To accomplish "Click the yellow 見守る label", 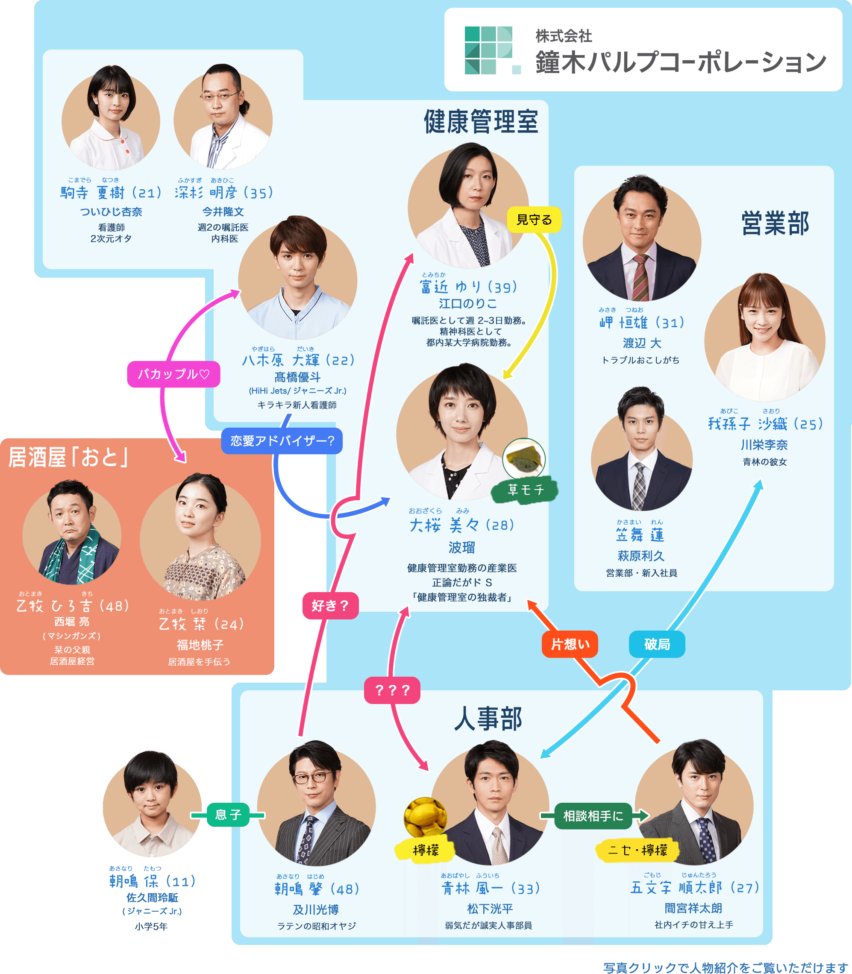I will (534, 220).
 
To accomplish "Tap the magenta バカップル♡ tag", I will (173, 374).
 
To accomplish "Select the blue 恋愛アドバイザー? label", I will (282, 441).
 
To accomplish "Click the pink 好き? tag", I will (330, 606).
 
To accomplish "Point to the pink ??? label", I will (392, 690).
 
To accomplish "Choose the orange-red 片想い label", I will (570, 644).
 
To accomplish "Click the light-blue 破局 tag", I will (657, 644).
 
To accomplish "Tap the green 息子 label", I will (228, 815).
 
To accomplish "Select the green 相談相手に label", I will (593, 816).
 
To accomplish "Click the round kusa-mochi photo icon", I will (523, 459).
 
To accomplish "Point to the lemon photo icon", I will (425, 817).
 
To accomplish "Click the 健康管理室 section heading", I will (481, 122).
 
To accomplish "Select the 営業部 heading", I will (775, 223).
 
